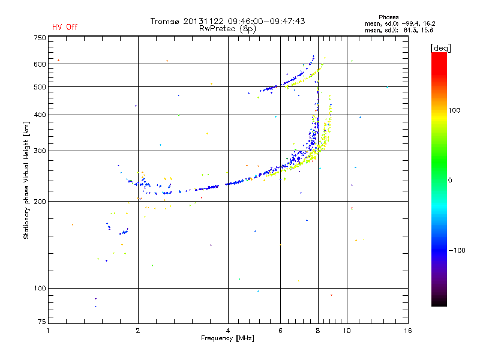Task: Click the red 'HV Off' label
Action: (65, 27)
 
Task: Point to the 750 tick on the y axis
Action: (40, 38)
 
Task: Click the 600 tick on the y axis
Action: (40, 64)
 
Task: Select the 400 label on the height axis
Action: (40, 115)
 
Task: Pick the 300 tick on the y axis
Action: (40, 151)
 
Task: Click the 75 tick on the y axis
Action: (41, 323)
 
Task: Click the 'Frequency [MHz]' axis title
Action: (228, 339)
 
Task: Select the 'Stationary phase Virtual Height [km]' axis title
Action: (26, 180)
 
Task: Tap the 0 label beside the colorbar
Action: (450, 180)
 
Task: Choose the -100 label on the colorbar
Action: (457, 250)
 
